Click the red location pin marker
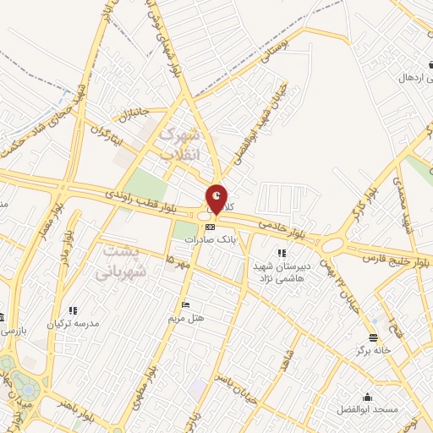[x=217, y=199]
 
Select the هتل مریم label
[x=186, y=317]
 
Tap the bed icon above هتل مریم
[x=185, y=304]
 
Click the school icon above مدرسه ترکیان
[x=73, y=310]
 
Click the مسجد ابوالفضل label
[x=369, y=410]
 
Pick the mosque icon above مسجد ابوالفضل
[x=368, y=397]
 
